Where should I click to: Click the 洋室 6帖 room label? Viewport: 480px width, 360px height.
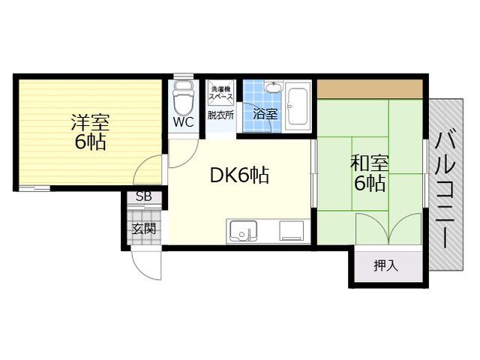[x=89, y=132]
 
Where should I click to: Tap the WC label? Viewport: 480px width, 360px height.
[x=183, y=122]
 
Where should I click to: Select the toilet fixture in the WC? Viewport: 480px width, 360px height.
[x=183, y=97]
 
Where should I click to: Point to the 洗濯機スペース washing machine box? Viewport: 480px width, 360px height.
[x=220, y=90]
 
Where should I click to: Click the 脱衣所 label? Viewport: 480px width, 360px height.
[x=220, y=115]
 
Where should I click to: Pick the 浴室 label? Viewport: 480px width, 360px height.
[x=265, y=114]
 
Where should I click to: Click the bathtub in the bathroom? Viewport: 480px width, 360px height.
[x=297, y=106]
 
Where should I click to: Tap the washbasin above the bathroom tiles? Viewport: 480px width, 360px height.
[x=273, y=87]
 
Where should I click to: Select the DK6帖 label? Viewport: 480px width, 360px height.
[x=239, y=175]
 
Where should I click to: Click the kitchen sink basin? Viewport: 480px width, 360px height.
[x=243, y=230]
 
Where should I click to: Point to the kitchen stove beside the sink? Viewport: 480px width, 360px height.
[x=291, y=230]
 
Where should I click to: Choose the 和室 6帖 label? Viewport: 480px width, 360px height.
[x=369, y=173]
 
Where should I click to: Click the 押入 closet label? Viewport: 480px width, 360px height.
[x=385, y=265]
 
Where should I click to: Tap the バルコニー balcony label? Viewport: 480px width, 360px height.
[x=445, y=190]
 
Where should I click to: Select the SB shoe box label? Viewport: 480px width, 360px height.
[x=144, y=196]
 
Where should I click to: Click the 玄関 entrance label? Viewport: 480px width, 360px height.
[x=144, y=228]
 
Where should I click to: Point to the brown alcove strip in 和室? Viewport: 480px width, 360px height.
[x=370, y=88]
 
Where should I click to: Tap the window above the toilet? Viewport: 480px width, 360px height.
[x=183, y=76]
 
